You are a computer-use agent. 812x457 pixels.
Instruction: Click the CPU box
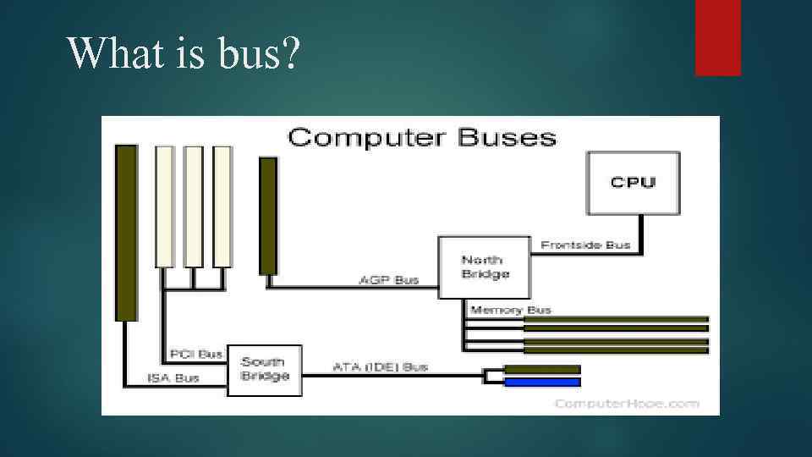point(634,182)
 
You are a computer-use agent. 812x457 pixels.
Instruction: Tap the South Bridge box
point(265,370)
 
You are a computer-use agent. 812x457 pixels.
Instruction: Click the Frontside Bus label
point(585,245)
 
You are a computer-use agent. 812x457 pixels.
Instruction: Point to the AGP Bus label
point(389,280)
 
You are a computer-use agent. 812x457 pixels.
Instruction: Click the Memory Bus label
point(510,310)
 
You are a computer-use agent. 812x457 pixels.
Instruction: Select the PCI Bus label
point(196,354)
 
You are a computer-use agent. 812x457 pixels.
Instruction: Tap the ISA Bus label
point(173,377)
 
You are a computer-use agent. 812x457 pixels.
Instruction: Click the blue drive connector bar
point(542,383)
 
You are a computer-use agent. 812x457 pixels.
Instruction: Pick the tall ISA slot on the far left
point(126,233)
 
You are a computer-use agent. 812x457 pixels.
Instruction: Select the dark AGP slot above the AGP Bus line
point(268,216)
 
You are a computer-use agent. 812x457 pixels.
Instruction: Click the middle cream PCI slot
point(194,206)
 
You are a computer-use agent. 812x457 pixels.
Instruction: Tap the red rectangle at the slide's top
point(717,37)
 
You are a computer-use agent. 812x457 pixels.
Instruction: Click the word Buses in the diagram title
point(507,137)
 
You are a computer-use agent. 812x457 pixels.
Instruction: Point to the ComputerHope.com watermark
point(627,403)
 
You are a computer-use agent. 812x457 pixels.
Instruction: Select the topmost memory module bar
point(616,320)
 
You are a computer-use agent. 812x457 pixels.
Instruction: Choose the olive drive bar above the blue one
point(542,369)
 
